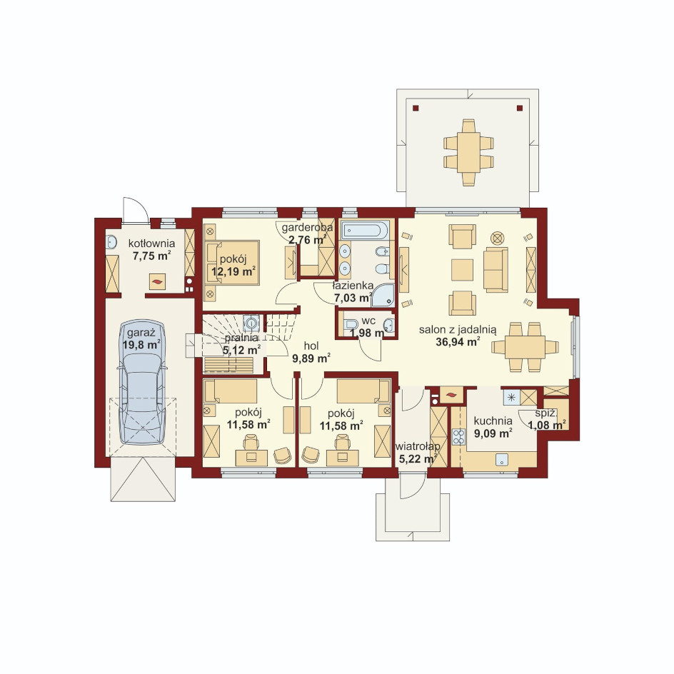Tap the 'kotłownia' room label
coord(152,243)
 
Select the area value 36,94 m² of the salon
coord(458,342)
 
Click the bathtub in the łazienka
coord(365,230)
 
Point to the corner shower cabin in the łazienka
coord(383,295)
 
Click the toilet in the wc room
coord(351,325)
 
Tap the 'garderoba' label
coord(307,227)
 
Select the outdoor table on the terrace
coord(468,153)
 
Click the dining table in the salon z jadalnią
coord(525,347)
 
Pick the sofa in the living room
coord(496,269)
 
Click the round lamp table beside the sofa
coord(498,238)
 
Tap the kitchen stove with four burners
coord(458,436)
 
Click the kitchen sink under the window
coord(502,460)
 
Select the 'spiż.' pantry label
coord(546,414)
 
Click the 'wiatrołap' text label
coord(418,447)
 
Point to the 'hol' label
coord(311,346)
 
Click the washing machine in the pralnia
coord(251,323)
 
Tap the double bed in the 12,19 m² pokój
coord(232,263)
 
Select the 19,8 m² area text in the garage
coord(141,345)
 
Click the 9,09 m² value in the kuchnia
coord(493,433)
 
